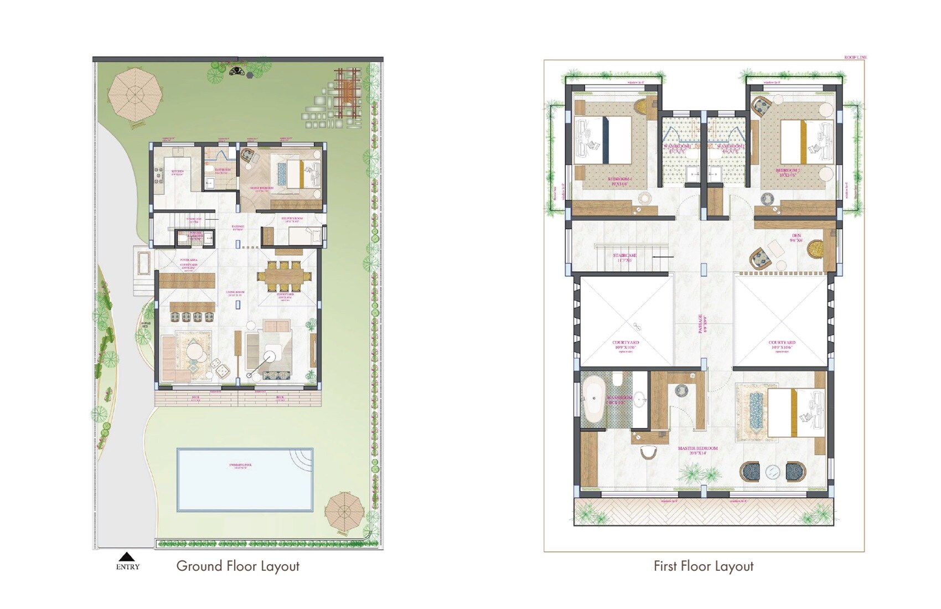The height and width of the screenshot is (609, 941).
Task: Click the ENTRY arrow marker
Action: click(127, 557)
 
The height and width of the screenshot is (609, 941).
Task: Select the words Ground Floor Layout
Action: click(237, 566)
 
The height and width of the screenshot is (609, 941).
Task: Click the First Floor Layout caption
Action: click(703, 566)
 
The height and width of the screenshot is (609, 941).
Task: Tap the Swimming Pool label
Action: click(240, 466)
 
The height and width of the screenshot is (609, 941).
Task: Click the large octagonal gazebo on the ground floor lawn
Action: click(135, 95)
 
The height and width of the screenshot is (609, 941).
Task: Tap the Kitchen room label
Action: click(177, 172)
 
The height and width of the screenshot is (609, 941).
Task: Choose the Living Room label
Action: click(236, 293)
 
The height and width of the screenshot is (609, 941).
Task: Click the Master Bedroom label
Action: click(697, 450)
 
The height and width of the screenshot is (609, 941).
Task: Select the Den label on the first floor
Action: click(796, 238)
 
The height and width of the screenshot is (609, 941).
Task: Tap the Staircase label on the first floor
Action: click(624, 257)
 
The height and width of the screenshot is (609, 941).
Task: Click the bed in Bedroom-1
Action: click(605, 140)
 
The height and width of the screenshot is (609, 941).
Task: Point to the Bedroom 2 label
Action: click(787, 172)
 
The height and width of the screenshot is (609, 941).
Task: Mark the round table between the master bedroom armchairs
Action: click(773, 472)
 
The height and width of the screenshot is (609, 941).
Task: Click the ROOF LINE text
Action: click(855, 57)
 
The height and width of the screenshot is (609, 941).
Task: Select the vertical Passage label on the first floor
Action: click(701, 323)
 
